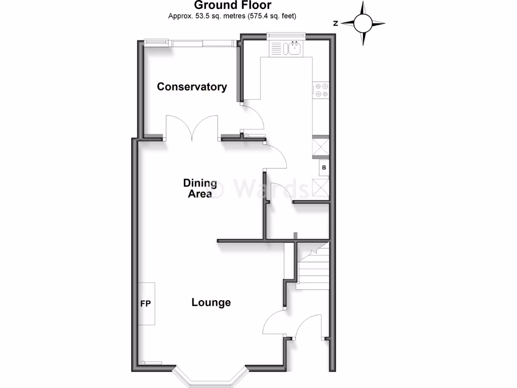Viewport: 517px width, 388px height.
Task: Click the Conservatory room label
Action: [x=192, y=86]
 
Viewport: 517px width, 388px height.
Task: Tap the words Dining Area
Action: [x=200, y=188]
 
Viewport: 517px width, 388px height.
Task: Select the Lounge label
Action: [x=211, y=303]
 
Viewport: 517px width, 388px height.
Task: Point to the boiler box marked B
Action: [x=324, y=168]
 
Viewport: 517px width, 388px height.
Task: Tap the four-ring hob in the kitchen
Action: [x=322, y=90]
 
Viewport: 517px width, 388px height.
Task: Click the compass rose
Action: [x=363, y=23]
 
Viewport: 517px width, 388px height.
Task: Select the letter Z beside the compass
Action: [x=335, y=23]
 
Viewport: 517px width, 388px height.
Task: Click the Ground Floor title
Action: [x=232, y=6]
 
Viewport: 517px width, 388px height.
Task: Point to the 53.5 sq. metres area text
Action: [x=232, y=16]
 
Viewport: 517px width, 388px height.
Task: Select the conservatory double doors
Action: [x=192, y=127]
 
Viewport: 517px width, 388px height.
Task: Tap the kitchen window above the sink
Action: [x=286, y=35]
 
